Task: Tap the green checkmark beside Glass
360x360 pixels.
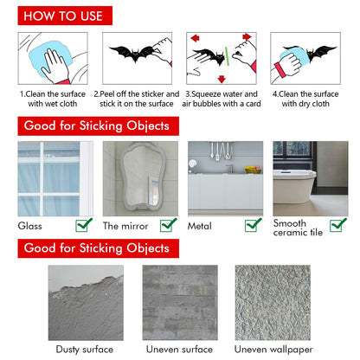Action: (x=85, y=225)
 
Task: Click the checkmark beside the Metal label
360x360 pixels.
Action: (x=253, y=225)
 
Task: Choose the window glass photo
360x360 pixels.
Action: (x=55, y=177)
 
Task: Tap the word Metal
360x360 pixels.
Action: (x=200, y=226)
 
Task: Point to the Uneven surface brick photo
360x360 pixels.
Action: (x=179, y=302)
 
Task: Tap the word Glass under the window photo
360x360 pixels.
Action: (x=30, y=226)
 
